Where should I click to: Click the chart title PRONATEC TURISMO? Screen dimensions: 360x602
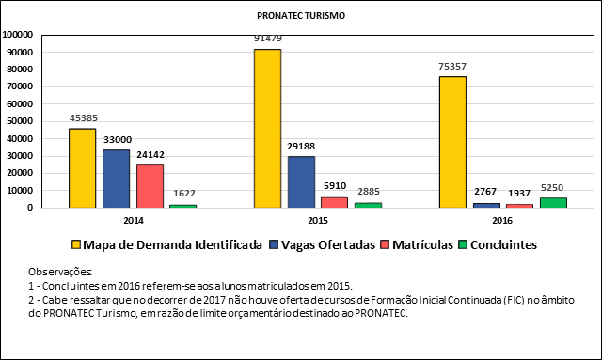pyautogui.click(x=300, y=17)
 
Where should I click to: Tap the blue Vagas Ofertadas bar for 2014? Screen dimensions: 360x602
pyautogui.click(x=116, y=179)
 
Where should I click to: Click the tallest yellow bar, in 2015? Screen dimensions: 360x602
pyautogui.click(x=267, y=128)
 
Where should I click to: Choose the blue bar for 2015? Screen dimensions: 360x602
pyautogui.click(x=301, y=181)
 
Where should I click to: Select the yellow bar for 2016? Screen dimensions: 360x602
pyautogui.click(x=452, y=142)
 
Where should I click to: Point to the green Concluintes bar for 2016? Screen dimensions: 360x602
pyautogui.click(x=553, y=202)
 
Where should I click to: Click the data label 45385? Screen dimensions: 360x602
pyautogui.click(x=83, y=119)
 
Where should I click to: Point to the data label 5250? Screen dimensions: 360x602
pyautogui.click(x=553, y=189)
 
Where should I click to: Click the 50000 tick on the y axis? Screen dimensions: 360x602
pyautogui.click(x=20, y=121)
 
